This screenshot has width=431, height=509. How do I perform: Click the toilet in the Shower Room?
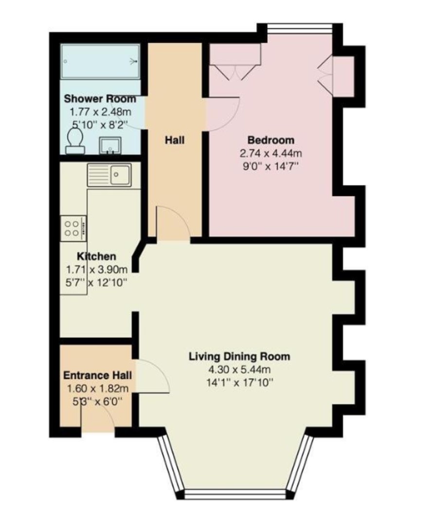(x=75, y=141)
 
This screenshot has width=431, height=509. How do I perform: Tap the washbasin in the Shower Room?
(x=110, y=145)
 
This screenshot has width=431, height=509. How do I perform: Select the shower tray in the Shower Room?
(x=100, y=61)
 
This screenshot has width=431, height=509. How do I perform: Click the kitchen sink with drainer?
(x=109, y=175)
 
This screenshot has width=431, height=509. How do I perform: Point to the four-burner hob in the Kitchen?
(x=73, y=228)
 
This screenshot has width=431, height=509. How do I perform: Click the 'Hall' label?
(x=175, y=140)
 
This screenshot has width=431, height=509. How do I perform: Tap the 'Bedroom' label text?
(x=271, y=140)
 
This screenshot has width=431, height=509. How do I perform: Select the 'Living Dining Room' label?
(x=239, y=356)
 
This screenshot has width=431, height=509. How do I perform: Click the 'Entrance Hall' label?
(x=97, y=375)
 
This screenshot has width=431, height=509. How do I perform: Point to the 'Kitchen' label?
(x=96, y=256)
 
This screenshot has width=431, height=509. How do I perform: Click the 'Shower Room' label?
(x=100, y=98)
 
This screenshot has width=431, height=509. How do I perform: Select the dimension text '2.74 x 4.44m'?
(x=271, y=153)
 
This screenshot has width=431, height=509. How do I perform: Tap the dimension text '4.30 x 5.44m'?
(x=239, y=369)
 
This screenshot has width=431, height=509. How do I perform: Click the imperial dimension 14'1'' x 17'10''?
(x=239, y=383)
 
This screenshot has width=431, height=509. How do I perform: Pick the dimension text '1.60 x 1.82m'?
(x=97, y=388)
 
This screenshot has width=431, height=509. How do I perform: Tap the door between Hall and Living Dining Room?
(x=173, y=224)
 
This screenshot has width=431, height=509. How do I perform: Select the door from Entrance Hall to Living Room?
(x=153, y=377)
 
